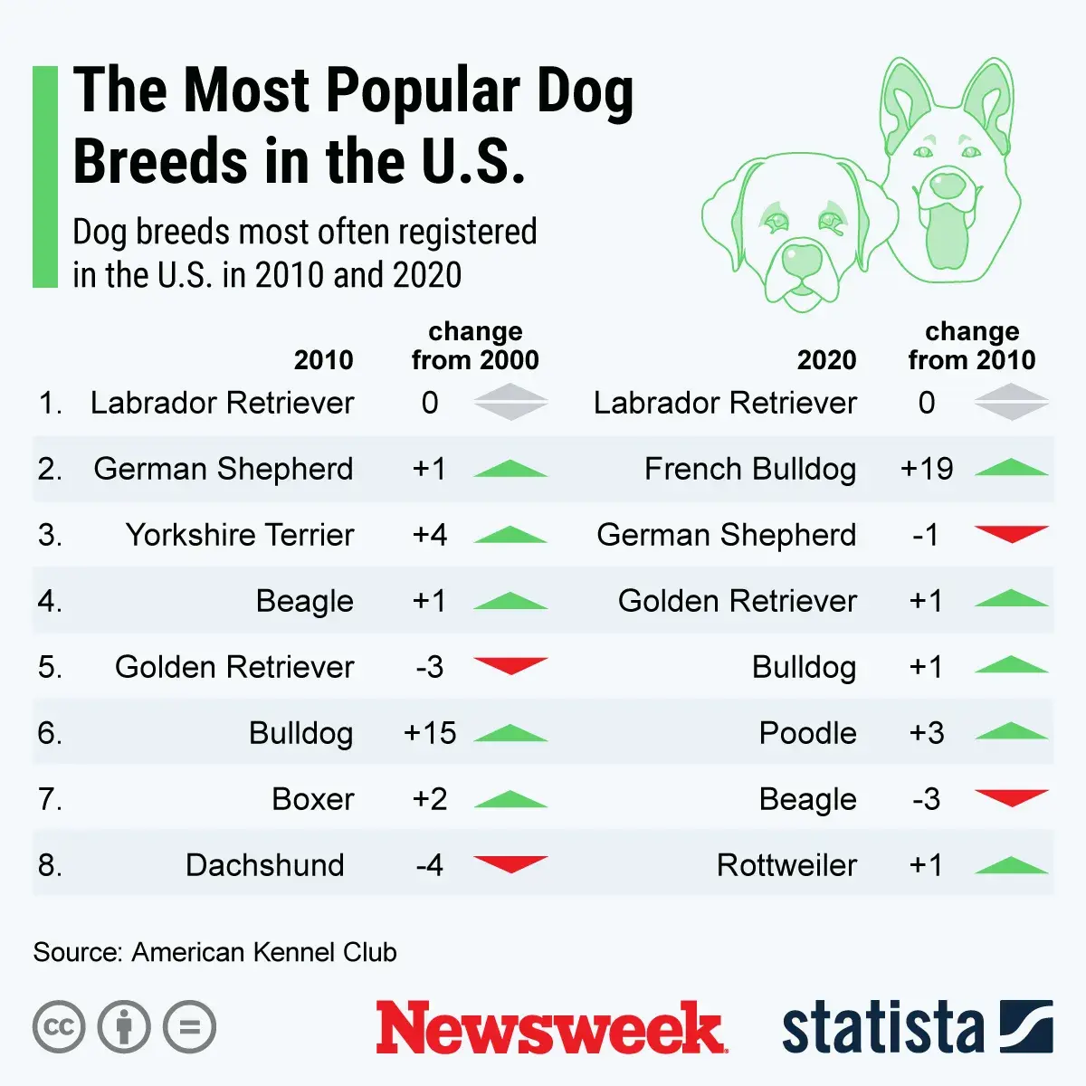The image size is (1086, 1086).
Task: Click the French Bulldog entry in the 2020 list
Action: point(749,469)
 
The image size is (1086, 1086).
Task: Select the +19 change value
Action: point(927,469)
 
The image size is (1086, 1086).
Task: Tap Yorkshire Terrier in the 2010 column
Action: point(240,535)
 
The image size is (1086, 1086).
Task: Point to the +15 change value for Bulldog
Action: point(430,733)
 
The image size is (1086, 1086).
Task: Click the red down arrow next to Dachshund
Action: point(510,863)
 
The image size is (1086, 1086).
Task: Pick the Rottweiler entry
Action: point(786,865)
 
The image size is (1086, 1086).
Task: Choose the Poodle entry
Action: point(807,733)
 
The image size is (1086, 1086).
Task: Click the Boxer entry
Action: point(313,799)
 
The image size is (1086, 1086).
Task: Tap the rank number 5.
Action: point(50,667)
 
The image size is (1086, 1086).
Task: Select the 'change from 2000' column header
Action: point(475,346)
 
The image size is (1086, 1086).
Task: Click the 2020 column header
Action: point(826,360)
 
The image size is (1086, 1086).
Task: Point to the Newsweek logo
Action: point(550,1027)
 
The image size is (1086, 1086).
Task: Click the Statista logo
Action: point(917,1027)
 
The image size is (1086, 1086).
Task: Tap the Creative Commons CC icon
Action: point(59,1027)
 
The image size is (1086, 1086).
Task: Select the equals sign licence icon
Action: point(190,1027)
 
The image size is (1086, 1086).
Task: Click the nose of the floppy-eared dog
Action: point(801,260)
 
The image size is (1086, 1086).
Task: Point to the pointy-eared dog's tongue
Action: point(947,237)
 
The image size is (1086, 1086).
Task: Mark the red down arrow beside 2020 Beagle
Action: point(1011,797)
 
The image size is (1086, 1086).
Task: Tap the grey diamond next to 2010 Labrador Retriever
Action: point(510,402)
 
